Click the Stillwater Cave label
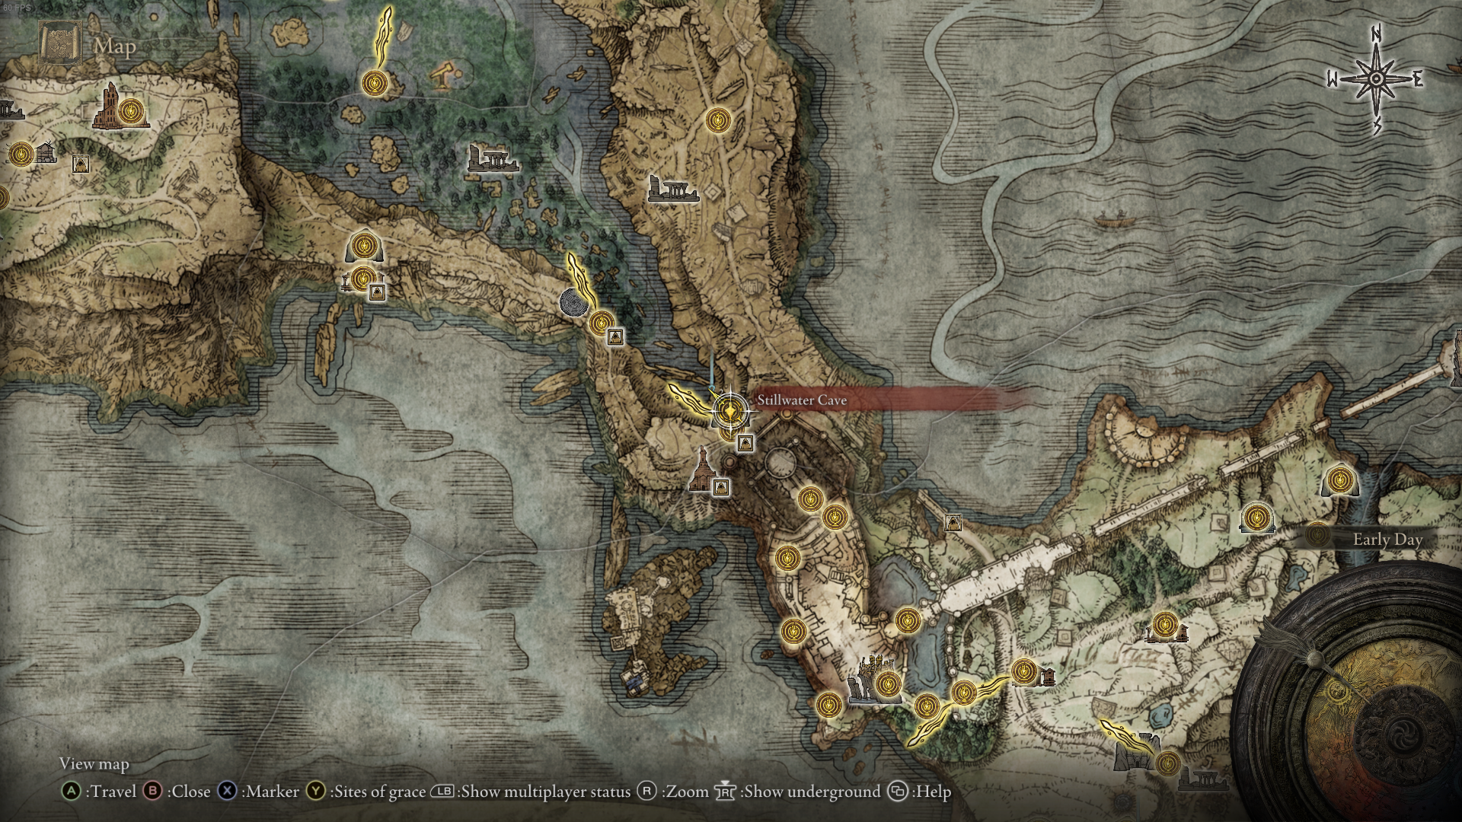[801, 400]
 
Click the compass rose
[1376, 79]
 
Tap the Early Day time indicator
[1387, 540]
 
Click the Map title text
[115, 46]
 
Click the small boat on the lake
[1112, 222]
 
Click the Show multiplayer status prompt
[532, 792]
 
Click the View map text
[94, 763]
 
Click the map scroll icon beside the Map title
[59, 44]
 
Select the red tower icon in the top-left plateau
[108, 106]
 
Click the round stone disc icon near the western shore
[573, 302]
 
